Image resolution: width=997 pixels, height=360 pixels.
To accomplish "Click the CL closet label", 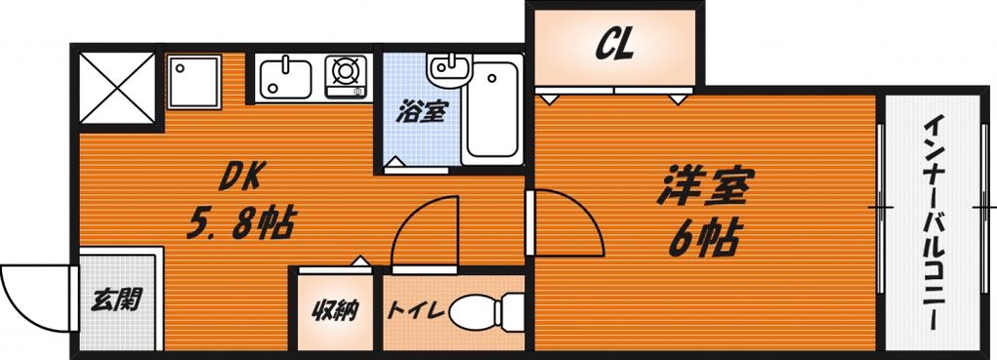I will pyautogui.click(x=614, y=45).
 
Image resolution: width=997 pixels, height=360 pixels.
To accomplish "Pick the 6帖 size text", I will pyautogui.click(x=706, y=237).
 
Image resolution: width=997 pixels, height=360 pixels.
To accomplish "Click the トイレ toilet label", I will pyautogui.click(x=415, y=311).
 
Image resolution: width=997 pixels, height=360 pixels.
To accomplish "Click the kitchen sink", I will pyautogui.click(x=286, y=78).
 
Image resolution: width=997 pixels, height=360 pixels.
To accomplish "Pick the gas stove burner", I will pyautogui.click(x=345, y=72).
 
